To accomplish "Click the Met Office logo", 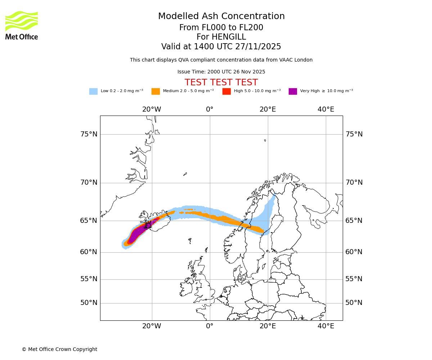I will pyautogui.click(x=22, y=25).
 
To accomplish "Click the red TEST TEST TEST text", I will pyautogui.click(x=221, y=83).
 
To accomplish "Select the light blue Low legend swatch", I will pyautogui.click(x=93, y=91).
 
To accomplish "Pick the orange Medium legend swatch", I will pyautogui.click(x=156, y=91).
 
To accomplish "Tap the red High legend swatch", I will pyautogui.click(x=226, y=91).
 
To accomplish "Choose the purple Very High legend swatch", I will pyautogui.click(x=293, y=91).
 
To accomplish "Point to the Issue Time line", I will pyautogui.click(x=221, y=72).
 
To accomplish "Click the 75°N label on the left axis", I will pyautogui.click(x=89, y=134).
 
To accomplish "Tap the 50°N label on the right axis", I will pyautogui.click(x=354, y=303).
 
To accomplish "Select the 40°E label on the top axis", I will pyautogui.click(x=326, y=109).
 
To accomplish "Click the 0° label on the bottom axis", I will pyautogui.click(x=210, y=326).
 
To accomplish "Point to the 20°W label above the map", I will pyautogui.click(x=152, y=109).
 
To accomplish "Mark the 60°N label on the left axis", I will pyautogui.click(x=89, y=252).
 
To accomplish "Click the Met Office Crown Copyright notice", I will pyautogui.click(x=59, y=350).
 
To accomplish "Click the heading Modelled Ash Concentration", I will pyautogui.click(x=221, y=17).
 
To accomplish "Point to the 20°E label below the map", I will pyautogui.click(x=267, y=326).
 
